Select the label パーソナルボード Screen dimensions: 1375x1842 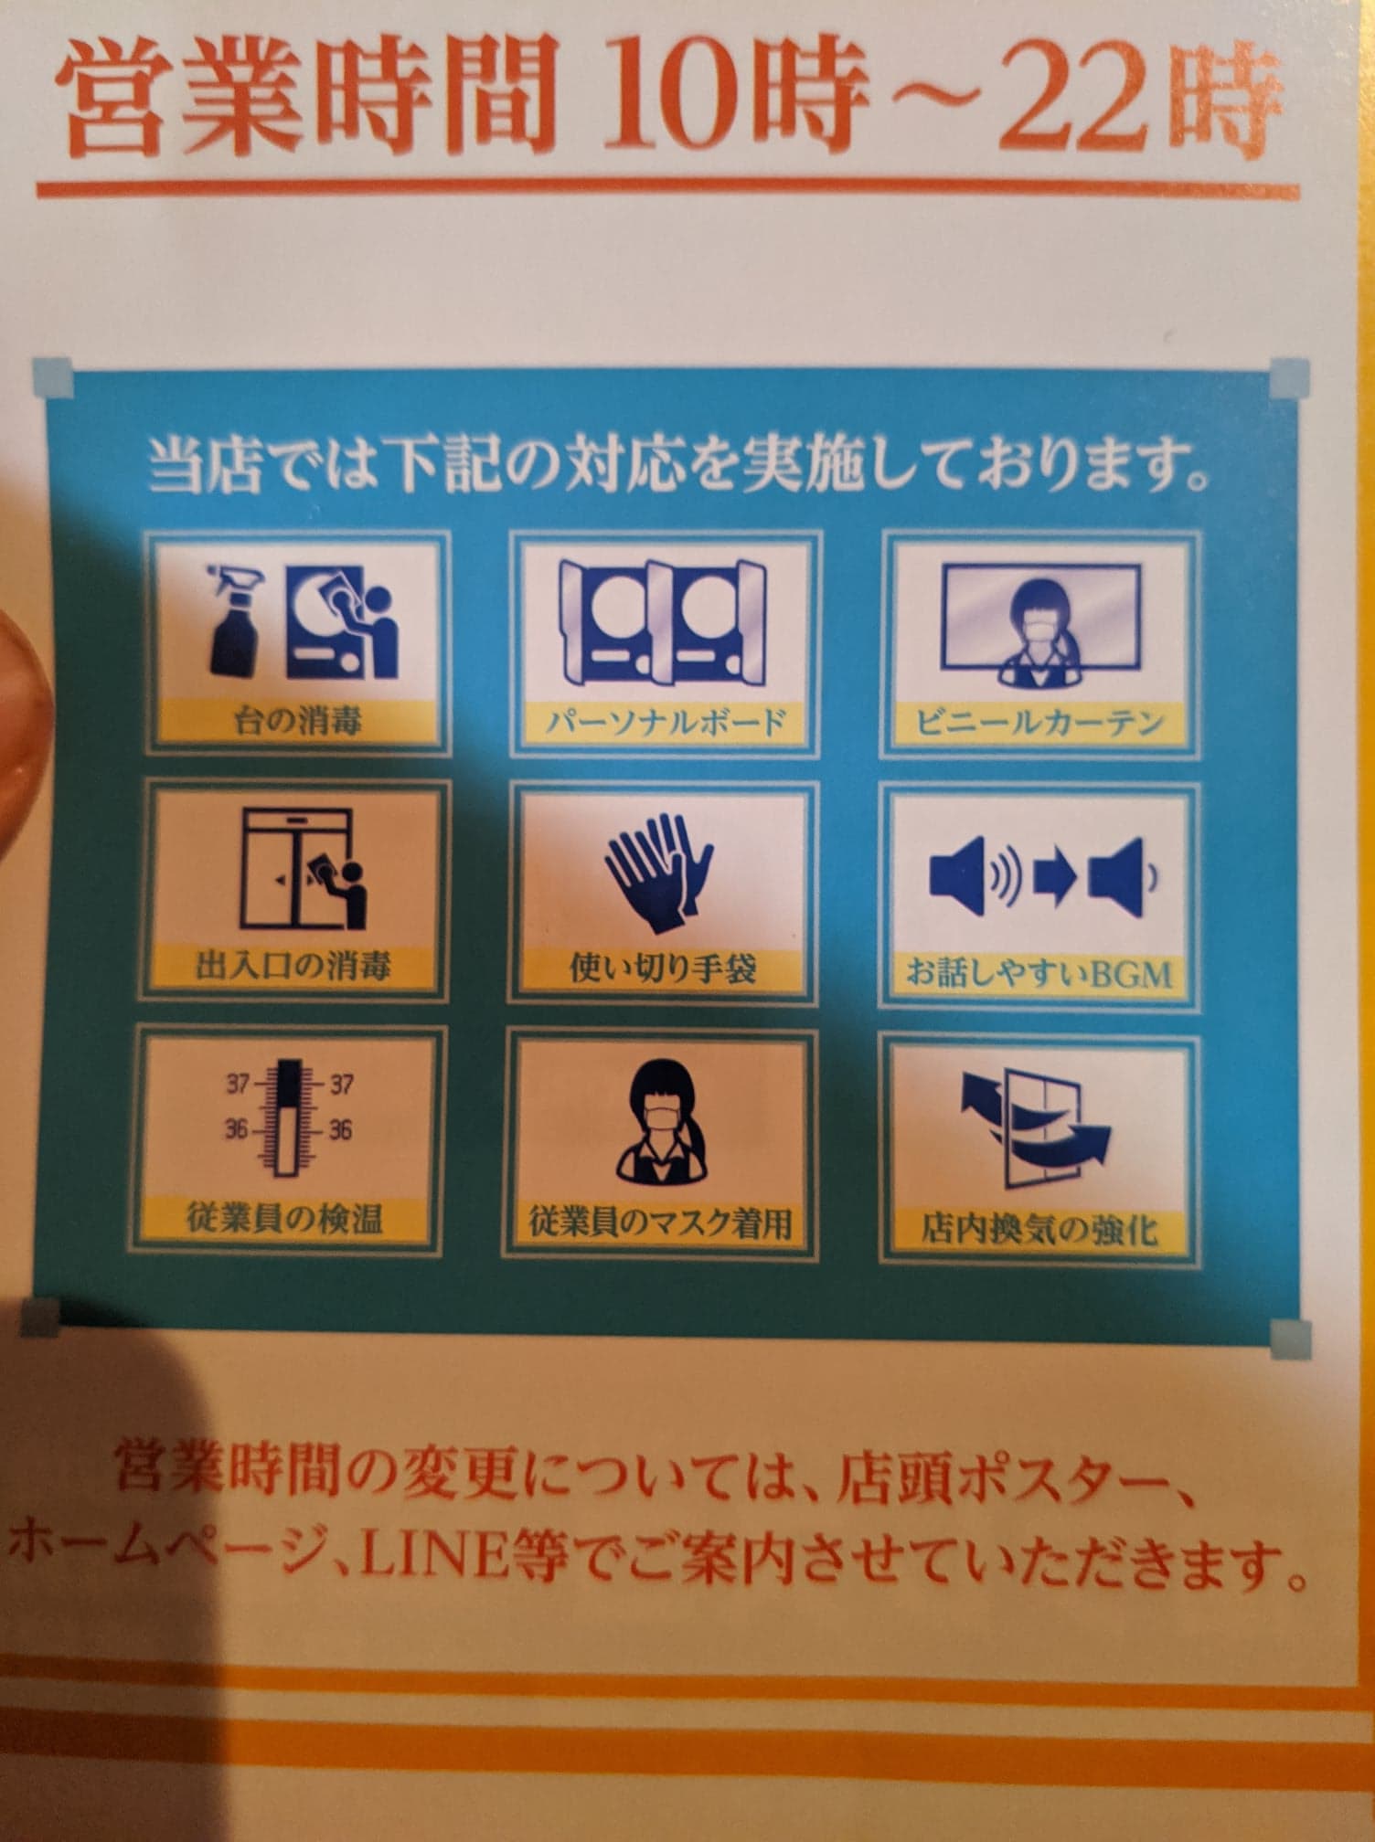(666, 723)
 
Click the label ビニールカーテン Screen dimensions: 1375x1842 (1040, 724)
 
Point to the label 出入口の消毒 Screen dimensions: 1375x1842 (293, 966)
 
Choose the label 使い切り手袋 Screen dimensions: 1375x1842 (663, 968)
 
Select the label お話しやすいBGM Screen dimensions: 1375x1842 (1039, 974)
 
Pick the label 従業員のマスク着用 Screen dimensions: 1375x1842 (661, 1223)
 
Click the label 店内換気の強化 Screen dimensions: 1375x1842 (1039, 1229)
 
